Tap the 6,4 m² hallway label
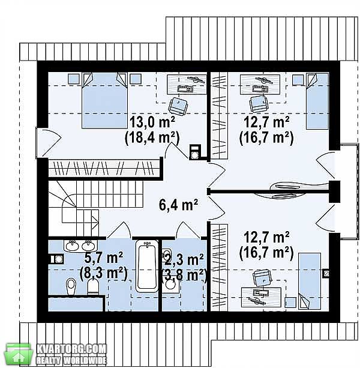(x=178, y=205)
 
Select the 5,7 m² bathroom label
(x=103, y=258)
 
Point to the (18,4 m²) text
(x=152, y=139)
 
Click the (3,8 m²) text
(x=184, y=275)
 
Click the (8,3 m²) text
(x=103, y=273)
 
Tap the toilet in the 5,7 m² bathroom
(x=71, y=286)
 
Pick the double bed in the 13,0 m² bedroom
(x=104, y=100)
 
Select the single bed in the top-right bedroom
(x=317, y=101)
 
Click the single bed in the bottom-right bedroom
(x=310, y=281)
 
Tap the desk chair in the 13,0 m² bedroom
(x=178, y=106)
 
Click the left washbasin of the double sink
(x=73, y=246)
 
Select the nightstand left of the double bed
(x=74, y=79)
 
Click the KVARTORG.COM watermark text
(x=71, y=349)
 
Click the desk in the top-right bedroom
(x=260, y=85)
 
